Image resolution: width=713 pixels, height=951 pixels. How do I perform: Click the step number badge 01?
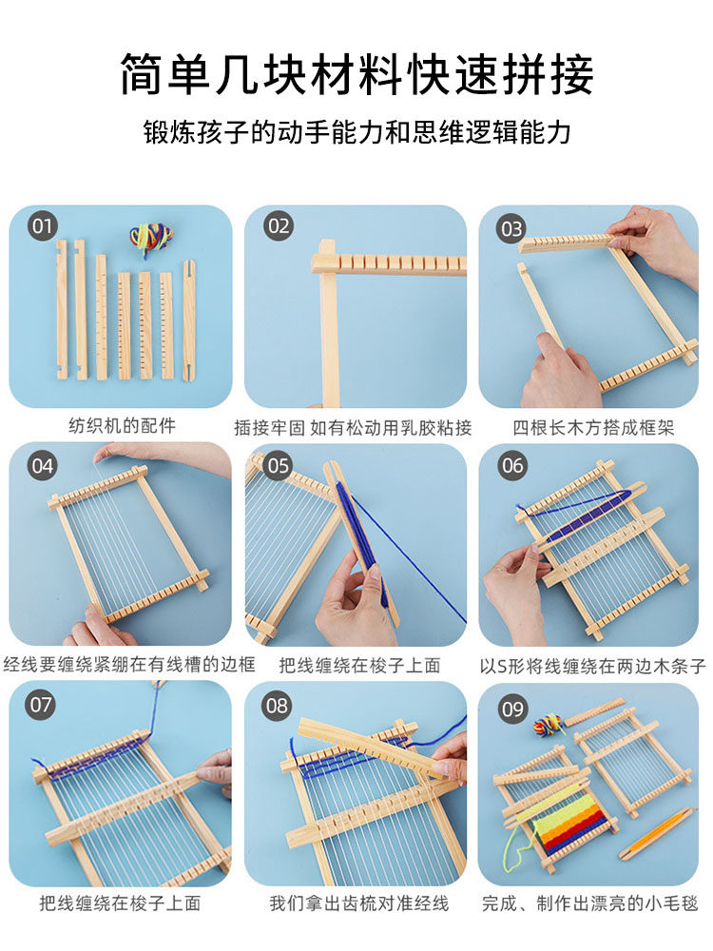[x=42, y=226]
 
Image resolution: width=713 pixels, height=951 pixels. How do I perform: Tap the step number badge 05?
[x=278, y=466]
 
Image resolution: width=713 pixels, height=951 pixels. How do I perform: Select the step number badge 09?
[x=513, y=708]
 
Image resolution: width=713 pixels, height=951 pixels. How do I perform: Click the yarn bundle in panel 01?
[x=151, y=238]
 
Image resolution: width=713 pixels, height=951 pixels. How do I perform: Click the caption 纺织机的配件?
[x=122, y=426]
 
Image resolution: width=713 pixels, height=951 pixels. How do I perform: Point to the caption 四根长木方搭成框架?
[x=593, y=428]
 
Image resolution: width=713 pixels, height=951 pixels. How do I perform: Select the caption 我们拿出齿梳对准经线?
[x=359, y=903]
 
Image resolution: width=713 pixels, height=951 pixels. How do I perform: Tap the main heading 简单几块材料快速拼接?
[x=356, y=74]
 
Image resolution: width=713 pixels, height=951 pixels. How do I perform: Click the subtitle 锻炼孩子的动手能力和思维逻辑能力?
[x=357, y=131]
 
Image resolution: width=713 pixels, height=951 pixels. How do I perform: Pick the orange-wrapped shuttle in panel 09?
[x=656, y=833]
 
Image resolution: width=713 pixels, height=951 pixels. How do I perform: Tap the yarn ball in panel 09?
[x=549, y=724]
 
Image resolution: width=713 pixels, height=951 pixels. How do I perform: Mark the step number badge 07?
[x=42, y=704]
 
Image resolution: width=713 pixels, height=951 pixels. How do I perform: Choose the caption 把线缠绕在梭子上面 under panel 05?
[x=359, y=666]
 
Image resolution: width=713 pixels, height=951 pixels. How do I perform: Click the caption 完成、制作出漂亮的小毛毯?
[x=590, y=903]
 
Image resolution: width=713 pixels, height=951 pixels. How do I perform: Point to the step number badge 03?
[x=511, y=228]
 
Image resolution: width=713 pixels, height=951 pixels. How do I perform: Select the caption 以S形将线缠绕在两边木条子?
[x=592, y=667]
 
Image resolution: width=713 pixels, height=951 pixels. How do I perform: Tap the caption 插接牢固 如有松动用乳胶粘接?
[x=353, y=428]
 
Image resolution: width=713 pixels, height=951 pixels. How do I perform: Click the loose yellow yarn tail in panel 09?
[x=516, y=843]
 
